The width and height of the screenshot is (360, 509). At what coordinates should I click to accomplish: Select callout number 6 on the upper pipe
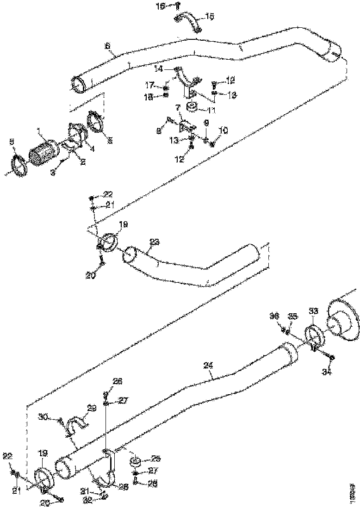tap(107, 47)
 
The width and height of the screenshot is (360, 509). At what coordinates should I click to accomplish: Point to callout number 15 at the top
tap(210, 17)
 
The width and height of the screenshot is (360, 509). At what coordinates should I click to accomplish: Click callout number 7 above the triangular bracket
tap(178, 107)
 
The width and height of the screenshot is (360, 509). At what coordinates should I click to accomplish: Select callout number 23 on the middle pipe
tap(155, 242)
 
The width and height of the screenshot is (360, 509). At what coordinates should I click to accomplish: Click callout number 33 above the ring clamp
tap(313, 312)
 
